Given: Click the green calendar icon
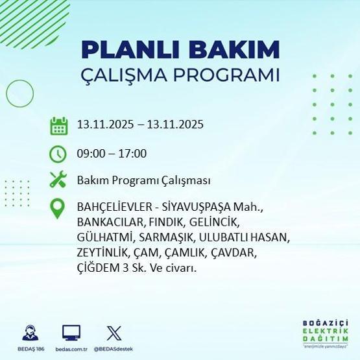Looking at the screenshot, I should (59, 125).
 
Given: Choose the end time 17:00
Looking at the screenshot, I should (132, 154).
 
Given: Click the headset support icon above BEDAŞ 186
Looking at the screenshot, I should (30, 332).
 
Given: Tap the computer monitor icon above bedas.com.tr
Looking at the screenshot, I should (71, 332).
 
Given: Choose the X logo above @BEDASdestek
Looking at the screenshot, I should (114, 332).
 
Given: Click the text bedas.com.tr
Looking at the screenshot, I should (71, 349).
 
